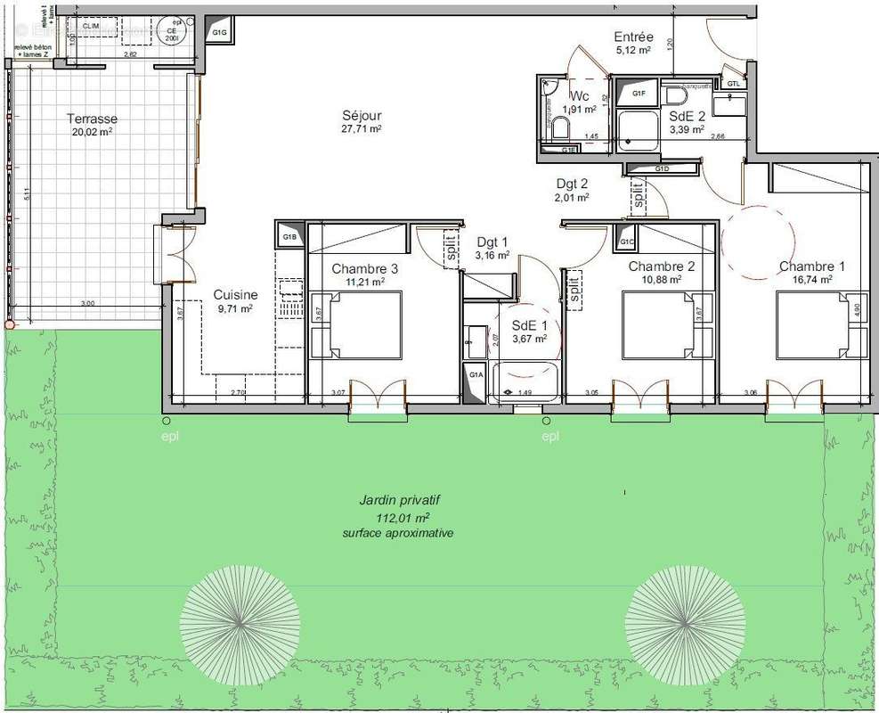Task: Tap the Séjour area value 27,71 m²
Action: [x=362, y=129]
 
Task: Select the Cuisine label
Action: [x=235, y=295]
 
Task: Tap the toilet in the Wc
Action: [x=559, y=129]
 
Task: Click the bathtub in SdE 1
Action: [x=525, y=381]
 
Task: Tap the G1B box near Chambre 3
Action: [x=289, y=238]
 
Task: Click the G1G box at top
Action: [x=220, y=33]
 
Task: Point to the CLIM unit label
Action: [x=91, y=27]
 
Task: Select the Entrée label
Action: [x=633, y=37]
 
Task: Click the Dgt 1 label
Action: [x=492, y=242]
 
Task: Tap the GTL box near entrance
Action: [x=732, y=83]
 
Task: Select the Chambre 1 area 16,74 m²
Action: [x=813, y=279]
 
